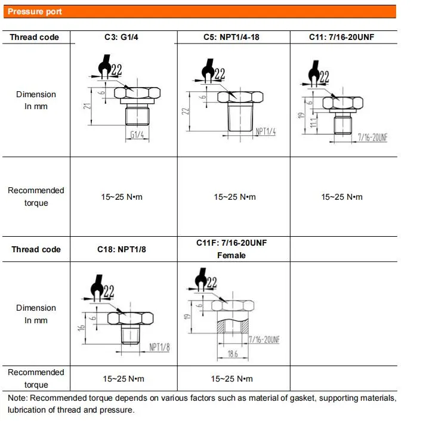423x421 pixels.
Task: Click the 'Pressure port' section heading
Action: (35, 12)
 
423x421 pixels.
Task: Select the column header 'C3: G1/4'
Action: (123, 37)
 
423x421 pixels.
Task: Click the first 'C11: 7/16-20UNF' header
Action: (341, 37)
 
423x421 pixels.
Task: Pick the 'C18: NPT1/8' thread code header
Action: (121, 249)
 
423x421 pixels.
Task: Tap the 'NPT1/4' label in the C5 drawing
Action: (265, 132)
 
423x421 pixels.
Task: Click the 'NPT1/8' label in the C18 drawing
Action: (159, 347)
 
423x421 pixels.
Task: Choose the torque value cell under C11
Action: (341, 197)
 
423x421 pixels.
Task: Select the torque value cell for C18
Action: (123, 379)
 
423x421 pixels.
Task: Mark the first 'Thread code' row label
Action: (35, 37)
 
